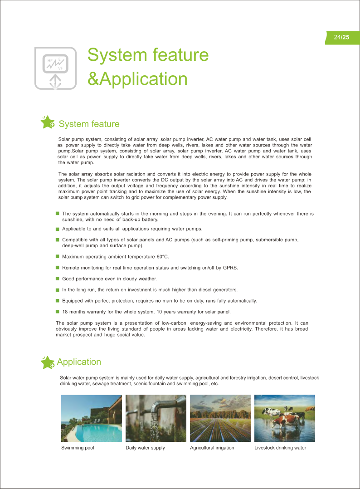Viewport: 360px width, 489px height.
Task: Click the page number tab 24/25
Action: pos(342,38)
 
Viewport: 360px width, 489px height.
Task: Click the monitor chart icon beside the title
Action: pos(55,68)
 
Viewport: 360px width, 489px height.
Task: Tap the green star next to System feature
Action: pos(48,122)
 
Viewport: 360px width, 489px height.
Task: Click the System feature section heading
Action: pos(89,124)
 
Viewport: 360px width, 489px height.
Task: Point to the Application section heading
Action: pos(79,362)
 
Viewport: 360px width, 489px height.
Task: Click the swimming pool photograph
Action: pos(92,418)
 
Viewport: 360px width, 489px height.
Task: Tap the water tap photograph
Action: pos(156,418)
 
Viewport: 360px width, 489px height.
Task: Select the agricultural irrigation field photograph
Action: pos(220,418)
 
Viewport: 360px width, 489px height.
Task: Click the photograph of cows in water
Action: pos(285,418)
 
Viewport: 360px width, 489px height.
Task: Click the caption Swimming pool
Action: pos(78,448)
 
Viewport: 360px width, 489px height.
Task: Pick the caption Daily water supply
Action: pos(145,448)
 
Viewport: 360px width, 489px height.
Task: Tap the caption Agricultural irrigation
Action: pos(212,448)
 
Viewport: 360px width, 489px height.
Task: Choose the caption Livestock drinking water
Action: pos(280,448)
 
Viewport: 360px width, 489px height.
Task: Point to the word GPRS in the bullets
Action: pos(230,268)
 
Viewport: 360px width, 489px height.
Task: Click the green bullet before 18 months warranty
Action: pos(58,311)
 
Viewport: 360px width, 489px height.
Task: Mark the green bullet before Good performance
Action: pos(58,279)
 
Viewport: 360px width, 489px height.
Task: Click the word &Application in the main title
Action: pos(137,78)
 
